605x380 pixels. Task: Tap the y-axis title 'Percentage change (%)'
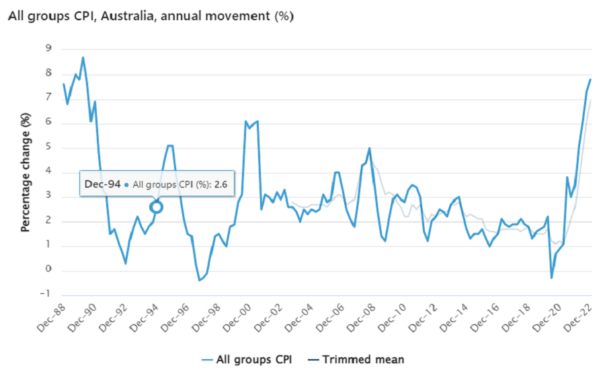coord(26,173)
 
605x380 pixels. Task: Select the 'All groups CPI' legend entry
coord(250,359)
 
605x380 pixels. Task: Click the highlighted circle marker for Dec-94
coord(156,207)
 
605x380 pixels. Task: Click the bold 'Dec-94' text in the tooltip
coord(102,183)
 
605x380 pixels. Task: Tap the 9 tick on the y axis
coord(48,49)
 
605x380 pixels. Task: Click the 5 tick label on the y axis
coord(48,148)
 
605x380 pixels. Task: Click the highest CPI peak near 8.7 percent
coord(83,57)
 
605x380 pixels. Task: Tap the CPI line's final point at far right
coord(590,79)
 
